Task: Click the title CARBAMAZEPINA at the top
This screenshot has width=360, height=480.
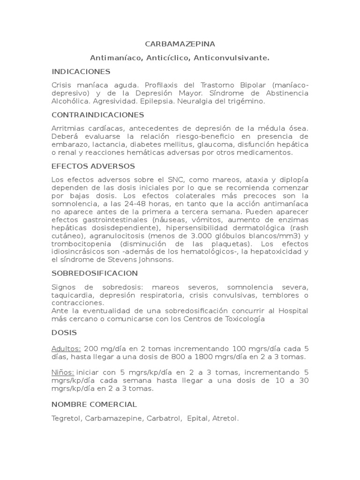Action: [180, 44]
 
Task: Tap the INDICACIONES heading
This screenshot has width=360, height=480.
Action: [81, 72]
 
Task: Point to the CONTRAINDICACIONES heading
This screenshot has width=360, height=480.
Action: [98, 115]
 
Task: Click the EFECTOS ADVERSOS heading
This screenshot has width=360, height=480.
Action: [93, 166]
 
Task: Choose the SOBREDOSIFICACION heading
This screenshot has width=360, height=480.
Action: [95, 273]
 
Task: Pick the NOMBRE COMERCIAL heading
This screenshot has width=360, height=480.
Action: [94, 404]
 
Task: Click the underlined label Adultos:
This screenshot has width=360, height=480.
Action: [67, 349]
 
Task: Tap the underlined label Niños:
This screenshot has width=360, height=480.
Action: [63, 373]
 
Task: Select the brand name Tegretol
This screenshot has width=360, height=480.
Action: [67, 418]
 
